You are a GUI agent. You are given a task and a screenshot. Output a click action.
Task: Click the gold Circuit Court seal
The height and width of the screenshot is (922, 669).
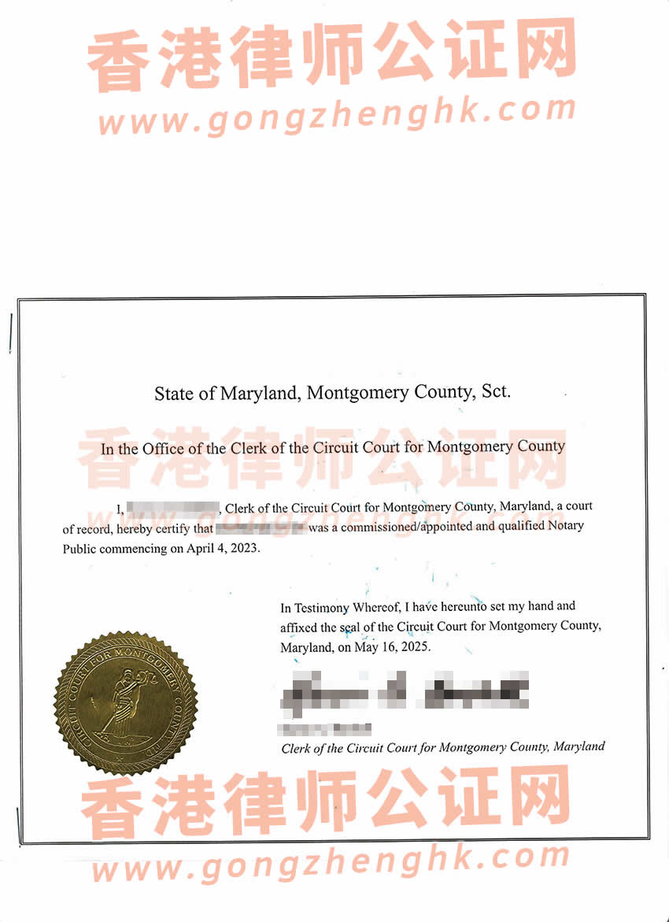(x=125, y=700)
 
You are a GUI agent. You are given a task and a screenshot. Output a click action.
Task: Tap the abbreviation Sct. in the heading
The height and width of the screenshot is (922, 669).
(x=495, y=391)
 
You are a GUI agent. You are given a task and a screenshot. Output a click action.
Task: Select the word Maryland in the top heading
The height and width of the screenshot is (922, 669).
(x=259, y=392)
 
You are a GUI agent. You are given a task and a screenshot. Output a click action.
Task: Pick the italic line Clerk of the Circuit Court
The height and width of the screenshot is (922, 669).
(x=443, y=747)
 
